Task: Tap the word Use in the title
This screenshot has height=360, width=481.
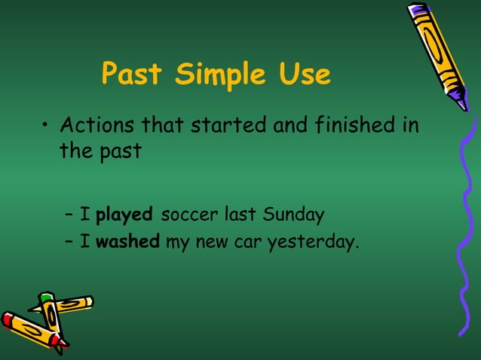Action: [302, 75]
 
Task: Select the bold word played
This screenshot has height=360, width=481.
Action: [124, 215]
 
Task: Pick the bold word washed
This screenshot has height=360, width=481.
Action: [127, 243]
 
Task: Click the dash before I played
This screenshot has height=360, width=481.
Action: [69, 215]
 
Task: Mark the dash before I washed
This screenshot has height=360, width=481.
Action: [69, 243]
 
